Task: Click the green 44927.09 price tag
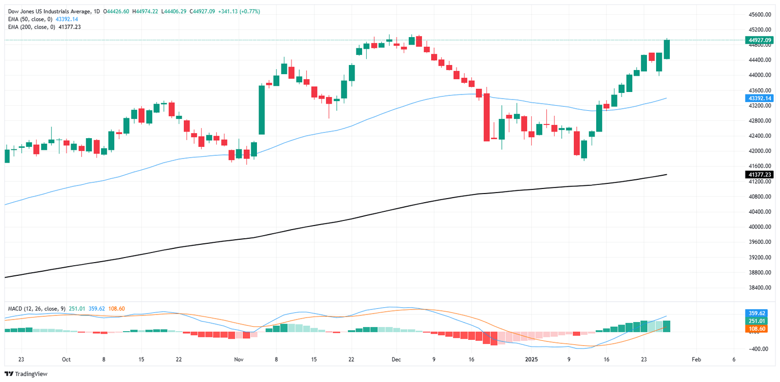[x=759, y=40]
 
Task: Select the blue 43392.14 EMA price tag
[x=759, y=98]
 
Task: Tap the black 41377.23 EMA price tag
[x=759, y=175]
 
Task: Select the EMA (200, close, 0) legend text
[x=31, y=27]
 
